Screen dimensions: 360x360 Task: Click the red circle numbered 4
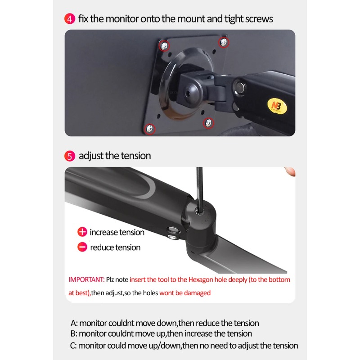(70, 19)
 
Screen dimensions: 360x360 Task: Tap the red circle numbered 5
(70, 156)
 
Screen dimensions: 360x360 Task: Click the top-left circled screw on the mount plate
(164, 46)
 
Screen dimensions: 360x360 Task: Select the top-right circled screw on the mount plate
(223, 42)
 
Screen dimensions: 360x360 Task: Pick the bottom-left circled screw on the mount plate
(149, 128)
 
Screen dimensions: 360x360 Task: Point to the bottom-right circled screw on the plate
(208, 123)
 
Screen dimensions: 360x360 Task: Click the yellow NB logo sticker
(277, 106)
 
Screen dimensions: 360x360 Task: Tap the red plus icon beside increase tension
(82, 232)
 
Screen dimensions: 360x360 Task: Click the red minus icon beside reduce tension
(82, 247)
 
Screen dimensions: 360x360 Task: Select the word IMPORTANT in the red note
(86, 279)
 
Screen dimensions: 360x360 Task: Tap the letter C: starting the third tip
(73, 346)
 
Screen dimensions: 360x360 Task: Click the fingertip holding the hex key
(290, 171)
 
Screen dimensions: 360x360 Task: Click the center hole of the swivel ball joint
(188, 94)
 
